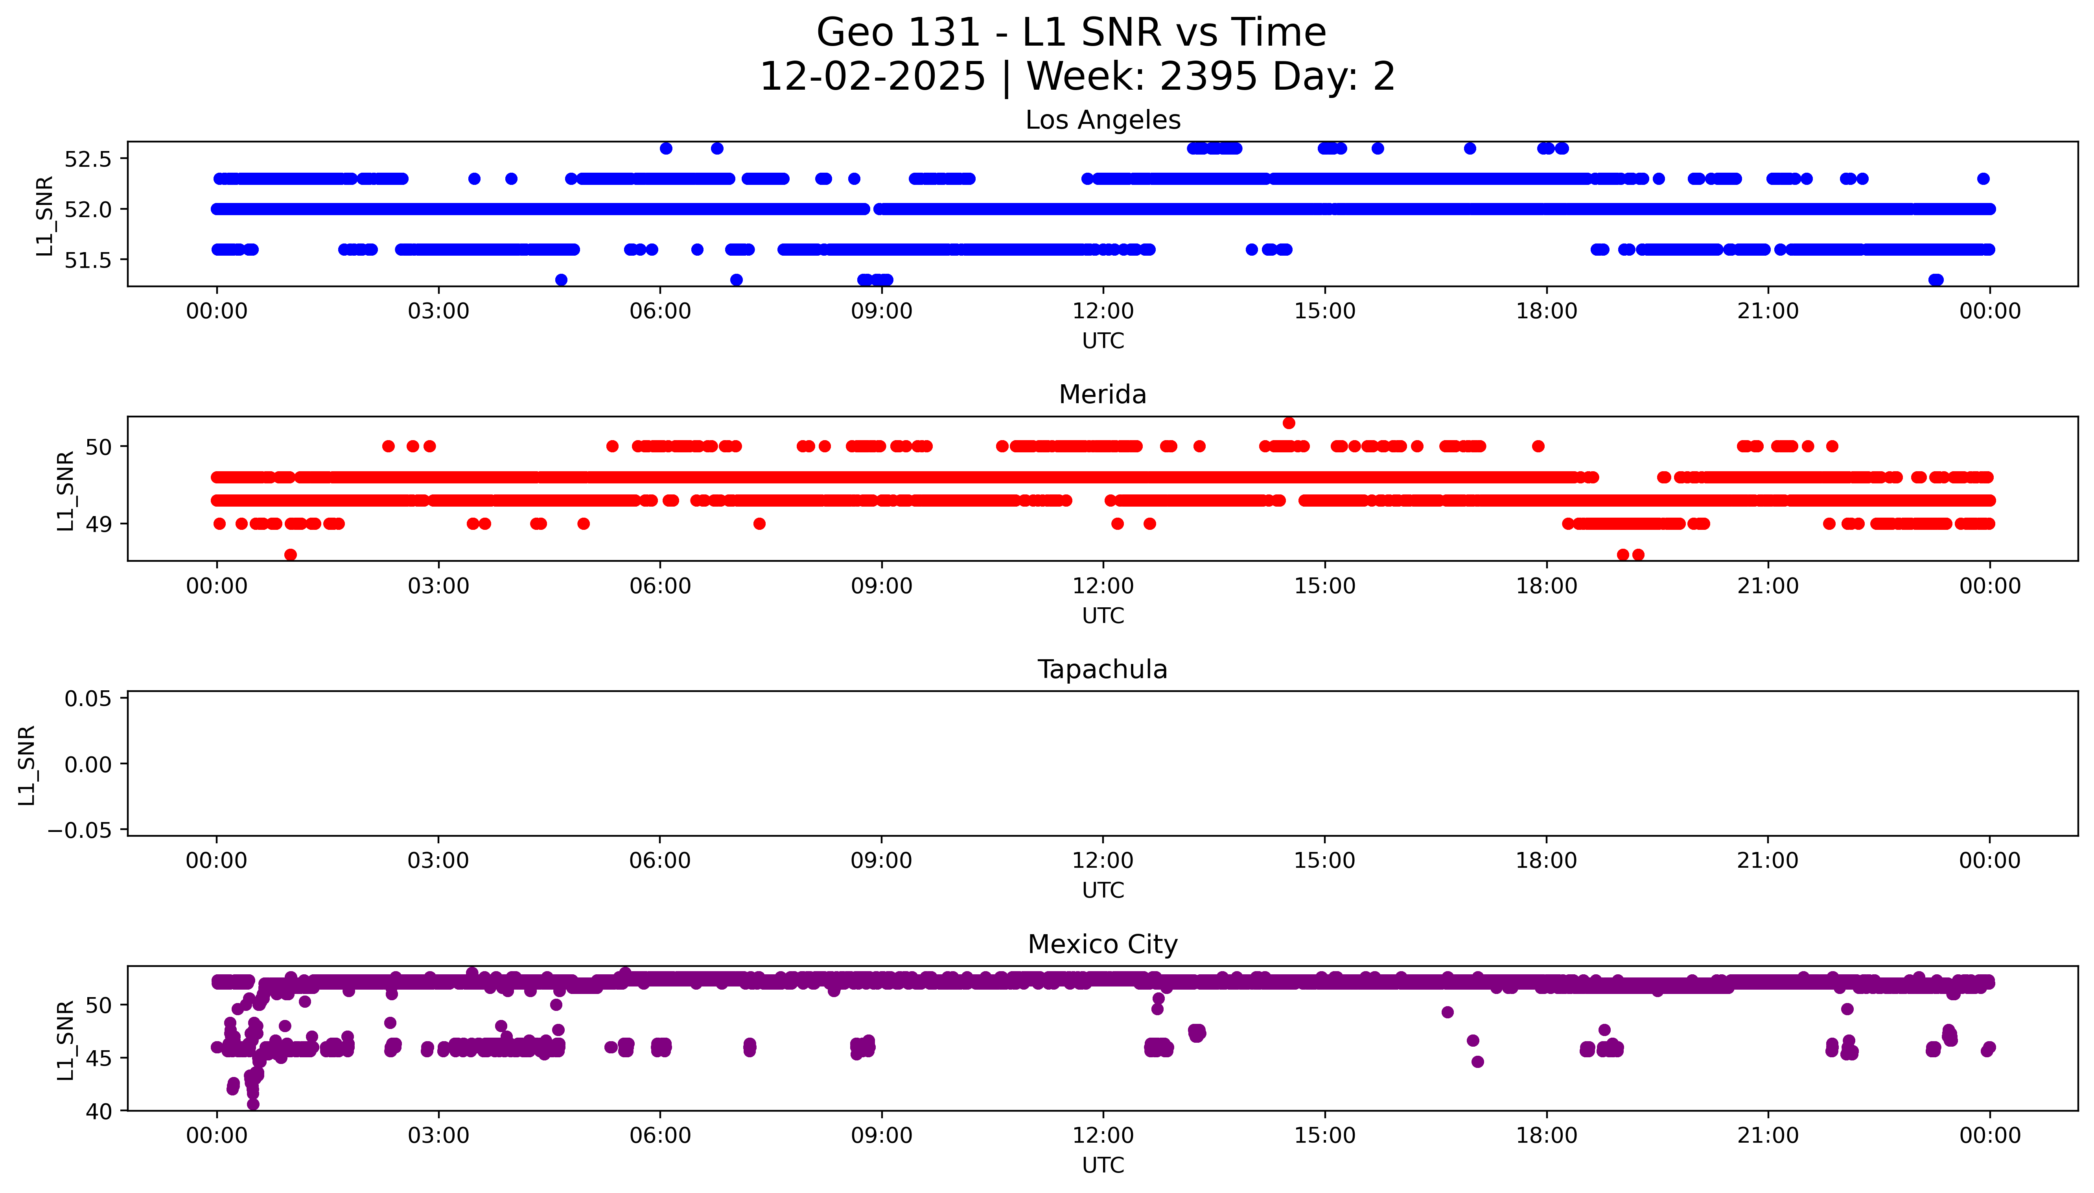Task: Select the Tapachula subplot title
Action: pyautogui.click(x=1102, y=669)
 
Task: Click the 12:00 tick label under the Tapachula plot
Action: pyautogui.click(x=1102, y=860)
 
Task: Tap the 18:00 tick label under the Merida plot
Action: pyautogui.click(x=1546, y=586)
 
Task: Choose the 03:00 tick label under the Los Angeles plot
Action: pyautogui.click(x=438, y=312)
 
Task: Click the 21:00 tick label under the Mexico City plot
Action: pyautogui.click(x=1768, y=1136)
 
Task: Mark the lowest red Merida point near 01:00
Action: pyautogui.click(x=290, y=555)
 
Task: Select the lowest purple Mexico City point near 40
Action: pyautogui.click(x=253, y=1104)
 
